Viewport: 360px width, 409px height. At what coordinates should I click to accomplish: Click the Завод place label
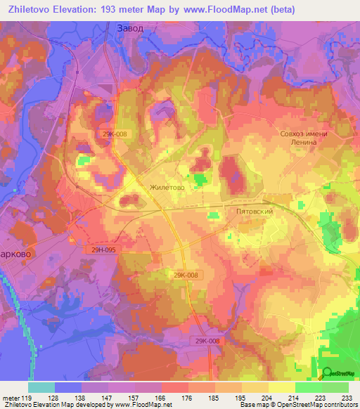pyautogui.click(x=129, y=29)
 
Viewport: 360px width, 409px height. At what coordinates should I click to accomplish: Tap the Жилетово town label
pyautogui.click(x=167, y=188)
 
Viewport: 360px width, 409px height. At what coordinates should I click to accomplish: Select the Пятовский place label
pyautogui.click(x=254, y=211)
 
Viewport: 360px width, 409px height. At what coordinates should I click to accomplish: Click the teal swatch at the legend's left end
pyautogui.click(x=41, y=387)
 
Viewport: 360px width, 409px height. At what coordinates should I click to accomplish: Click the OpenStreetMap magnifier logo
pyautogui.click(x=327, y=372)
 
